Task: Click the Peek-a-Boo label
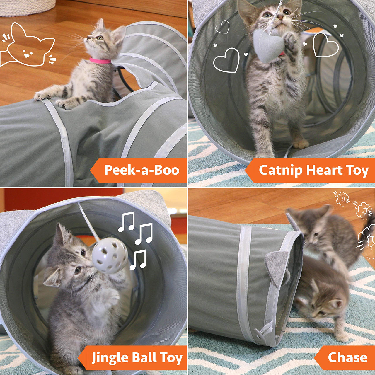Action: pos(142,170)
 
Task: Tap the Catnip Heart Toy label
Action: pos(313,170)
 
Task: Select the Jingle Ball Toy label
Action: pos(137,358)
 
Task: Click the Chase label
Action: pos(347,358)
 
